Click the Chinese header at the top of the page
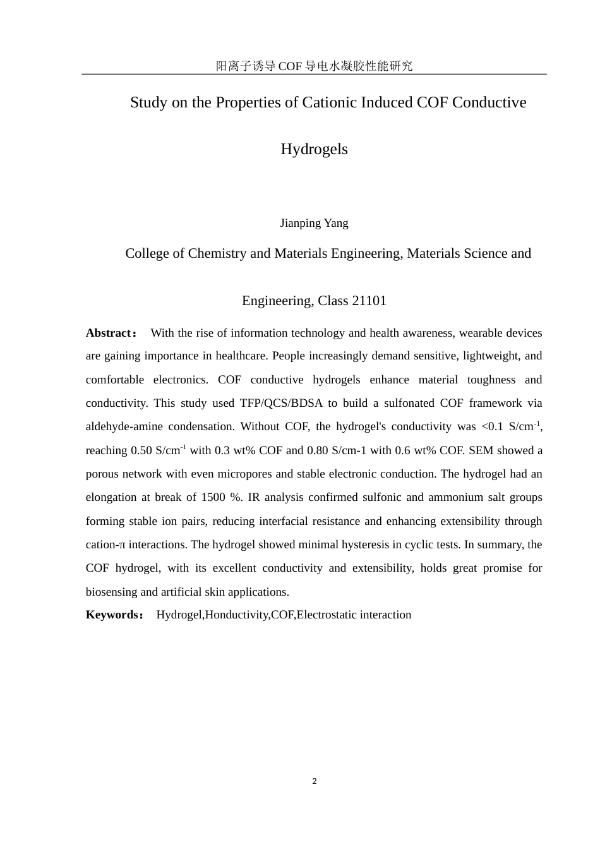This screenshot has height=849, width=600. (x=314, y=66)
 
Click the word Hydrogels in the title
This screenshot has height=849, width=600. (x=314, y=149)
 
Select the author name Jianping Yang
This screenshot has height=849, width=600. (x=314, y=223)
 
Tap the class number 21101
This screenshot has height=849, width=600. (x=369, y=301)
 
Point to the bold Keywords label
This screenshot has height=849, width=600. (x=112, y=615)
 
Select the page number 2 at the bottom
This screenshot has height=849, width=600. (x=315, y=781)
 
